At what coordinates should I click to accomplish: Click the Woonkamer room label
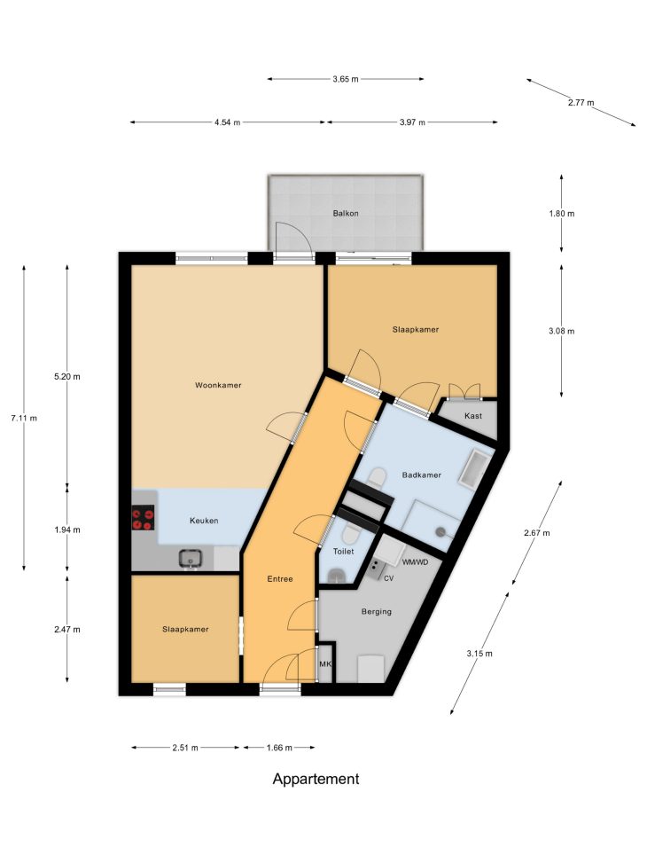click(x=218, y=385)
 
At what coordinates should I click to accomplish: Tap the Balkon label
click(x=346, y=214)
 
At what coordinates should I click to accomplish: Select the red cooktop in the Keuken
click(x=143, y=520)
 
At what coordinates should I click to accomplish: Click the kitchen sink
click(x=191, y=559)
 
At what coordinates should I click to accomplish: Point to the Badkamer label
click(x=421, y=475)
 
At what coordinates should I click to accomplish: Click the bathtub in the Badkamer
click(x=475, y=468)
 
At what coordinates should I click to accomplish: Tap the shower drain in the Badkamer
click(x=440, y=531)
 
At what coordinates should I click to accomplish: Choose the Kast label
click(x=473, y=416)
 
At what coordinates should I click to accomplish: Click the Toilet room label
click(x=343, y=552)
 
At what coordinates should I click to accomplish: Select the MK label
click(x=325, y=664)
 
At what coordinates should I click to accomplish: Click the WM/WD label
click(x=415, y=562)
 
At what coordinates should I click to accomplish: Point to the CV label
click(x=388, y=578)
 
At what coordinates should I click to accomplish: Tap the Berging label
click(x=377, y=611)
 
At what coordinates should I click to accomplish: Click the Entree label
click(x=280, y=579)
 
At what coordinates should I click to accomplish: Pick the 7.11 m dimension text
click(x=24, y=419)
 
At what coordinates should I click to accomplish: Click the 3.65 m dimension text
click(x=346, y=79)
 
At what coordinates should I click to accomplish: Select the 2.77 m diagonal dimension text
click(x=581, y=102)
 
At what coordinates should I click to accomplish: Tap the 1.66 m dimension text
click(x=279, y=748)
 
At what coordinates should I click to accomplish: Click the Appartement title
click(x=316, y=780)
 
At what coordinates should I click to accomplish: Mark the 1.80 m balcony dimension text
click(x=561, y=214)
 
